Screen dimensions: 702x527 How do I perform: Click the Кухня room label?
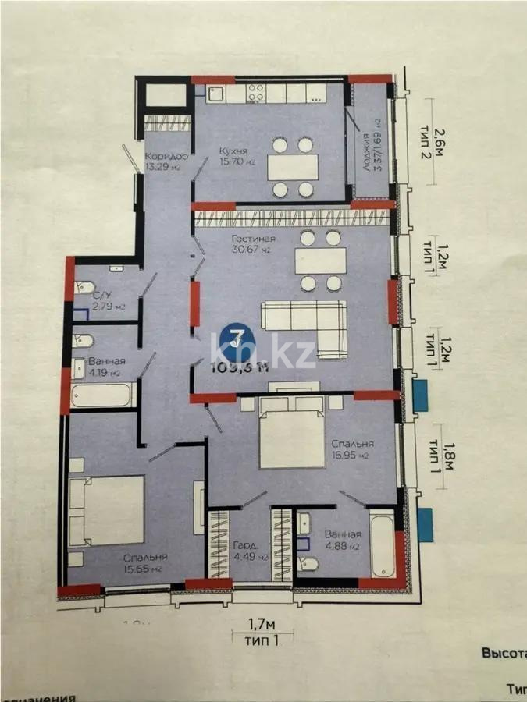[x=234, y=151]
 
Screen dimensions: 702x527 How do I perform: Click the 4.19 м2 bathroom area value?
[x=104, y=373]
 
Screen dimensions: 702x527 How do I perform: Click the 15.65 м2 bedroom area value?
[x=143, y=569]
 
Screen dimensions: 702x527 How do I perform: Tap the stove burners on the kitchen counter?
[x=257, y=93]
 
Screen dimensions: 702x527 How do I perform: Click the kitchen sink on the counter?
[x=216, y=94]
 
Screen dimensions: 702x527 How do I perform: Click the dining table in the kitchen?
[x=293, y=167]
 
